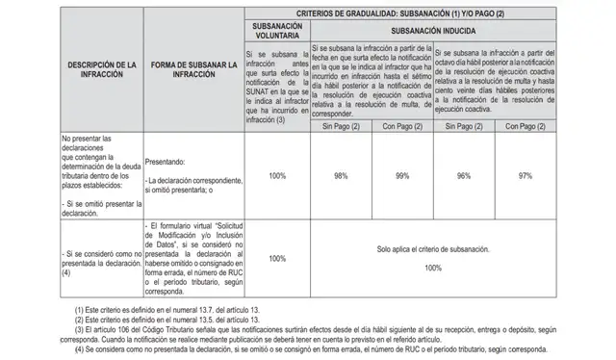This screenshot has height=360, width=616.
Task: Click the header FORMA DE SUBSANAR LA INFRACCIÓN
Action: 189,69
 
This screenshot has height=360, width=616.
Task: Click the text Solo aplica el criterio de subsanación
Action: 433,249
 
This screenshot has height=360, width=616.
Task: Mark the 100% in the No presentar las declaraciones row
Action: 277,176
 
